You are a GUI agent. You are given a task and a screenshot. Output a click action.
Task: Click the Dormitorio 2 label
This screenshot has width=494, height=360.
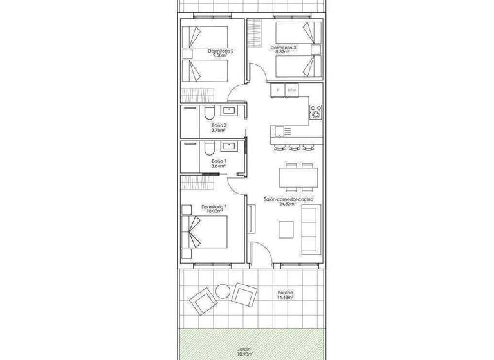click(x=221, y=51)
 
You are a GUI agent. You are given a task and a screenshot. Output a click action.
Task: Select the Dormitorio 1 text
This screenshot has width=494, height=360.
click(x=214, y=206)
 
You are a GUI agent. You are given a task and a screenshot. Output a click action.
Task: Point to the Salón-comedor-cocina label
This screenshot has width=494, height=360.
click(x=289, y=201)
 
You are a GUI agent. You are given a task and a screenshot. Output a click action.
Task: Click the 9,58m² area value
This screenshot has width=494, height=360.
click(x=221, y=56)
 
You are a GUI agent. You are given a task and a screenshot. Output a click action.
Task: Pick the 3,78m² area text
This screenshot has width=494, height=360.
click(x=219, y=130)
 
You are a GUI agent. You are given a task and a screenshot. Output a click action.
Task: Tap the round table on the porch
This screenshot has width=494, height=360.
click(x=222, y=290)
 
